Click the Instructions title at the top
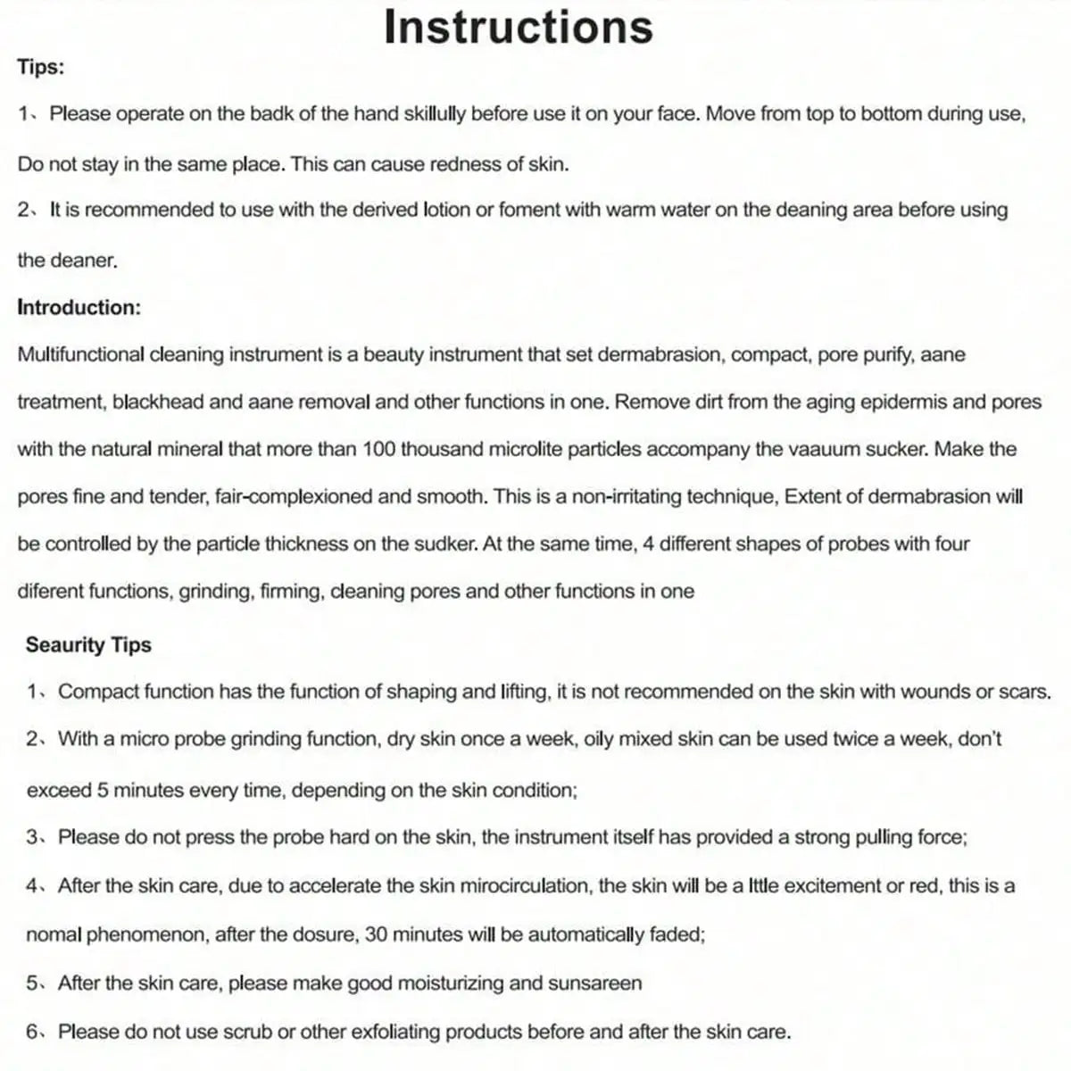tap(518, 27)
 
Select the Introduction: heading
tap(79, 307)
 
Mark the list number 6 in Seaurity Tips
tap(32, 1032)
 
